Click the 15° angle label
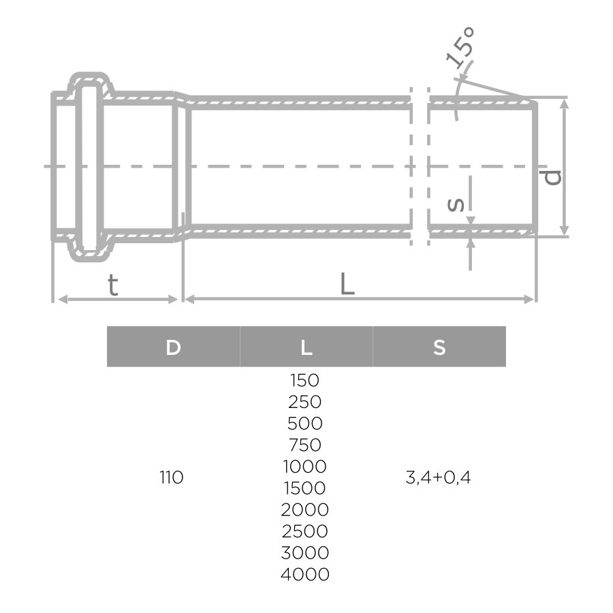coord(460,48)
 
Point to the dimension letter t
coord(113,285)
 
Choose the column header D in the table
coord(173,347)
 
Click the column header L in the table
coord(306,347)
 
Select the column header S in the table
coord(439,347)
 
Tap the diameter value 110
coord(172,477)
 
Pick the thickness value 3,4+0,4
coord(439,477)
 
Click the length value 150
coord(304,380)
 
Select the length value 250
coord(305,402)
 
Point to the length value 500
coord(305,424)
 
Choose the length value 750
coord(305,445)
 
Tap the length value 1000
coord(304,467)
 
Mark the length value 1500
coord(304,488)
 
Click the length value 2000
coord(305,509)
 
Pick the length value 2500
coord(305,531)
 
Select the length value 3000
coord(305,552)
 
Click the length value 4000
coord(305,574)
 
